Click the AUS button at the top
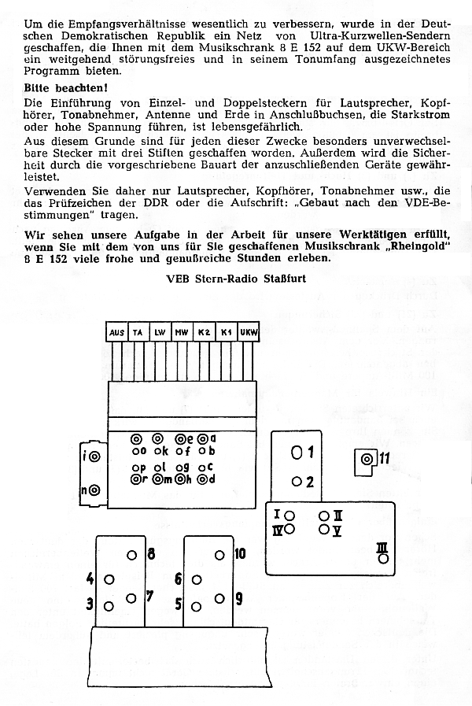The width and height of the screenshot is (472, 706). (x=116, y=334)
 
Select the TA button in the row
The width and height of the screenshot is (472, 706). (x=138, y=334)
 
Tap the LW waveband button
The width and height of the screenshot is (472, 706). (x=160, y=334)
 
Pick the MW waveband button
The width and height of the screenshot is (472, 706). (x=182, y=334)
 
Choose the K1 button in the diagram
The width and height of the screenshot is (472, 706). (x=227, y=334)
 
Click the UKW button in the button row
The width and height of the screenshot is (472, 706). (x=249, y=334)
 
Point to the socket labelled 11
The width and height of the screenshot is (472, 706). (x=367, y=460)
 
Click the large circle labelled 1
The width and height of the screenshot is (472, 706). (x=297, y=453)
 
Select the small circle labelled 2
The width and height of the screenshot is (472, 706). (x=297, y=482)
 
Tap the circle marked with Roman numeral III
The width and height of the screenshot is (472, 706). (x=383, y=558)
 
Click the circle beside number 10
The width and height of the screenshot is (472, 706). (x=219, y=554)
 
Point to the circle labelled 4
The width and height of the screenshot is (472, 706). (x=109, y=578)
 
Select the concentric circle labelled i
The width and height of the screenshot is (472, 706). (x=94, y=456)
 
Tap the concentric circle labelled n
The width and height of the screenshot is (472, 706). (x=94, y=490)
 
